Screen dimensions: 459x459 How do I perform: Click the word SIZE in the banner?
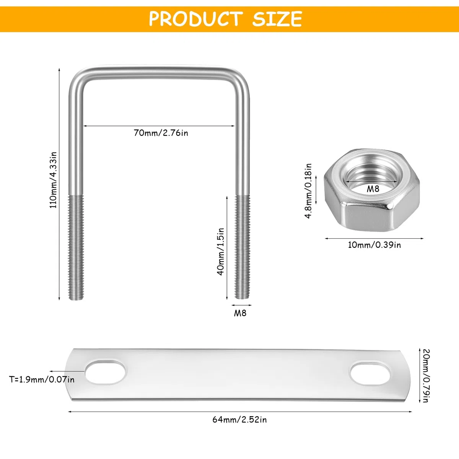pos(277,19)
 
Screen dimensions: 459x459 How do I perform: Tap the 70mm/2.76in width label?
pos(161,133)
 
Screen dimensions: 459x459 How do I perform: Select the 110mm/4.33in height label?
pos(53,180)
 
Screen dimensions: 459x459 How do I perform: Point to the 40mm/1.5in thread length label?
pos(221,252)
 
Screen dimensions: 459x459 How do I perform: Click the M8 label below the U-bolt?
pos(240,313)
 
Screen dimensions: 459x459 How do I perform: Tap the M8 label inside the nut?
pos(373,189)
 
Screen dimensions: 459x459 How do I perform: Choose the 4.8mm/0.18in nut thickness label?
pos(308,190)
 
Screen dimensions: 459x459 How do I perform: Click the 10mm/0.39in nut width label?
pos(374,245)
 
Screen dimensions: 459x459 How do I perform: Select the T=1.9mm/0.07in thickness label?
pos(42,379)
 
